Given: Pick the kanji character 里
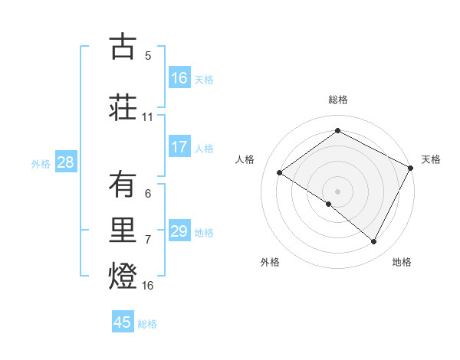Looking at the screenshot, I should click(x=123, y=229).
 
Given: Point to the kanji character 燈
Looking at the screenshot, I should click(x=123, y=275).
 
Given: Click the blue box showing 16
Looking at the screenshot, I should click(x=179, y=77).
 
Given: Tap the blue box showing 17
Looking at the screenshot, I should click(x=179, y=146).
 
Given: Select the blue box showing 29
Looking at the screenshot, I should click(x=179, y=231).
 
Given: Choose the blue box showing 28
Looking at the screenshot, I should click(x=65, y=162).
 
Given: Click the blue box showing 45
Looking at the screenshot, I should click(x=123, y=322).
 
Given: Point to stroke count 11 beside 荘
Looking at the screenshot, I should click(x=148, y=117).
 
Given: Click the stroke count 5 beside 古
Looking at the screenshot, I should click(x=148, y=56).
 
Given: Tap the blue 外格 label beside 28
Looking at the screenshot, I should click(x=41, y=163).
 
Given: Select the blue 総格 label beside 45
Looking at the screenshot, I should click(x=147, y=324).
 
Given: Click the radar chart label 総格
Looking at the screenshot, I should click(x=337, y=100).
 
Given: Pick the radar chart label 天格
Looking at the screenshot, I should click(x=431, y=159).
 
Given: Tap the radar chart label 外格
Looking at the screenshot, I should click(x=270, y=262).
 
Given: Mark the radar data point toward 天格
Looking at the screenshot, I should click(x=411, y=168).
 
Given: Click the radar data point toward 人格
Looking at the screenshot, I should click(x=280, y=172).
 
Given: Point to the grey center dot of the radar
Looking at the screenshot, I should click(x=337, y=191).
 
